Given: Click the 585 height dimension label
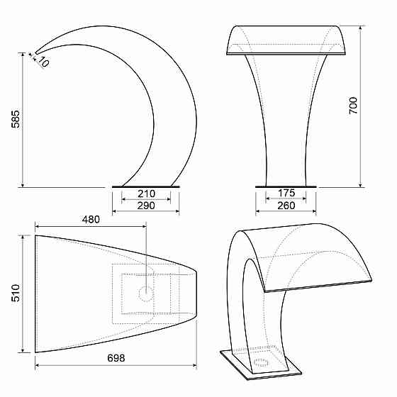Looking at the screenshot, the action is [16, 119].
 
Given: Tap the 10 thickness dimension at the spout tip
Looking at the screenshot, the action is [43, 62].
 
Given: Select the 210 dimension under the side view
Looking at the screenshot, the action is [146, 194].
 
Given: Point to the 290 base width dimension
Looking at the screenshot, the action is [146, 206].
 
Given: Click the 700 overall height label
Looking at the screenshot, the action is [353, 106].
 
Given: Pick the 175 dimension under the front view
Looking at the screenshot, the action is [286, 193].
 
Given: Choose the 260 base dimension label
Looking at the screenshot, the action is [286, 206].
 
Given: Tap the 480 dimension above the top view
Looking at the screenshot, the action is [91, 220].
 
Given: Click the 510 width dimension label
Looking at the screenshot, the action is [16, 293].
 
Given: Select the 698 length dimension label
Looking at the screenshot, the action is [116, 358].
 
